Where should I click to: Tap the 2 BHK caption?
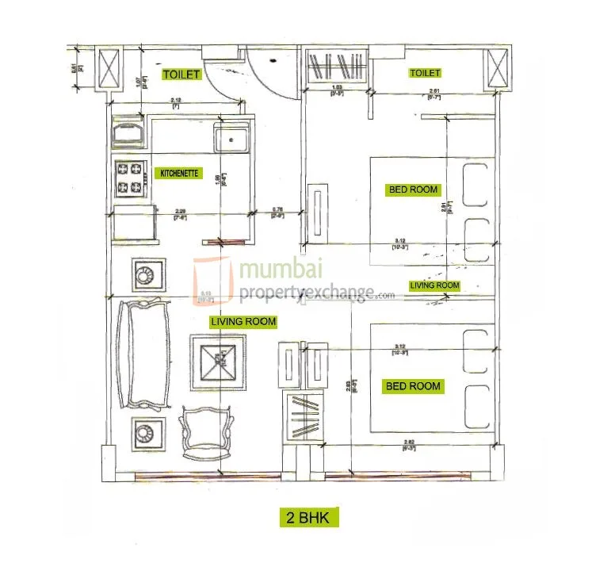click(x=308, y=519)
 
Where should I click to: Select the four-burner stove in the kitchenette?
click(x=131, y=180)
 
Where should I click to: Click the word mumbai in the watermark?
click(x=281, y=270)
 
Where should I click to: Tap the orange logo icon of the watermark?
click(x=211, y=281)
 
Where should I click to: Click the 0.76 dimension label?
click(x=278, y=210)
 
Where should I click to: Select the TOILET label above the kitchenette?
click(x=181, y=75)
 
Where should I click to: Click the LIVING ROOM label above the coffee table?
click(x=243, y=321)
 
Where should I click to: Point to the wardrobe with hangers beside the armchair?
click(x=301, y=416)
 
